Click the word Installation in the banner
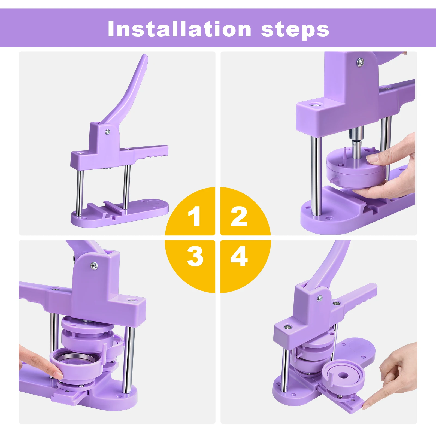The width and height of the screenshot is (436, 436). [179, 29]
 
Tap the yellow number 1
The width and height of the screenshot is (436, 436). [195, 216]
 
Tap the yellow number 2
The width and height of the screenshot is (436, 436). [239, 216]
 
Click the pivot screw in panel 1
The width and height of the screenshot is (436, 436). [108, 132]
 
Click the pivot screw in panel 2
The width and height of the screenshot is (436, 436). [360, 62]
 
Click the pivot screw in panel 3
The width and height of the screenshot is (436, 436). [94, 265]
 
